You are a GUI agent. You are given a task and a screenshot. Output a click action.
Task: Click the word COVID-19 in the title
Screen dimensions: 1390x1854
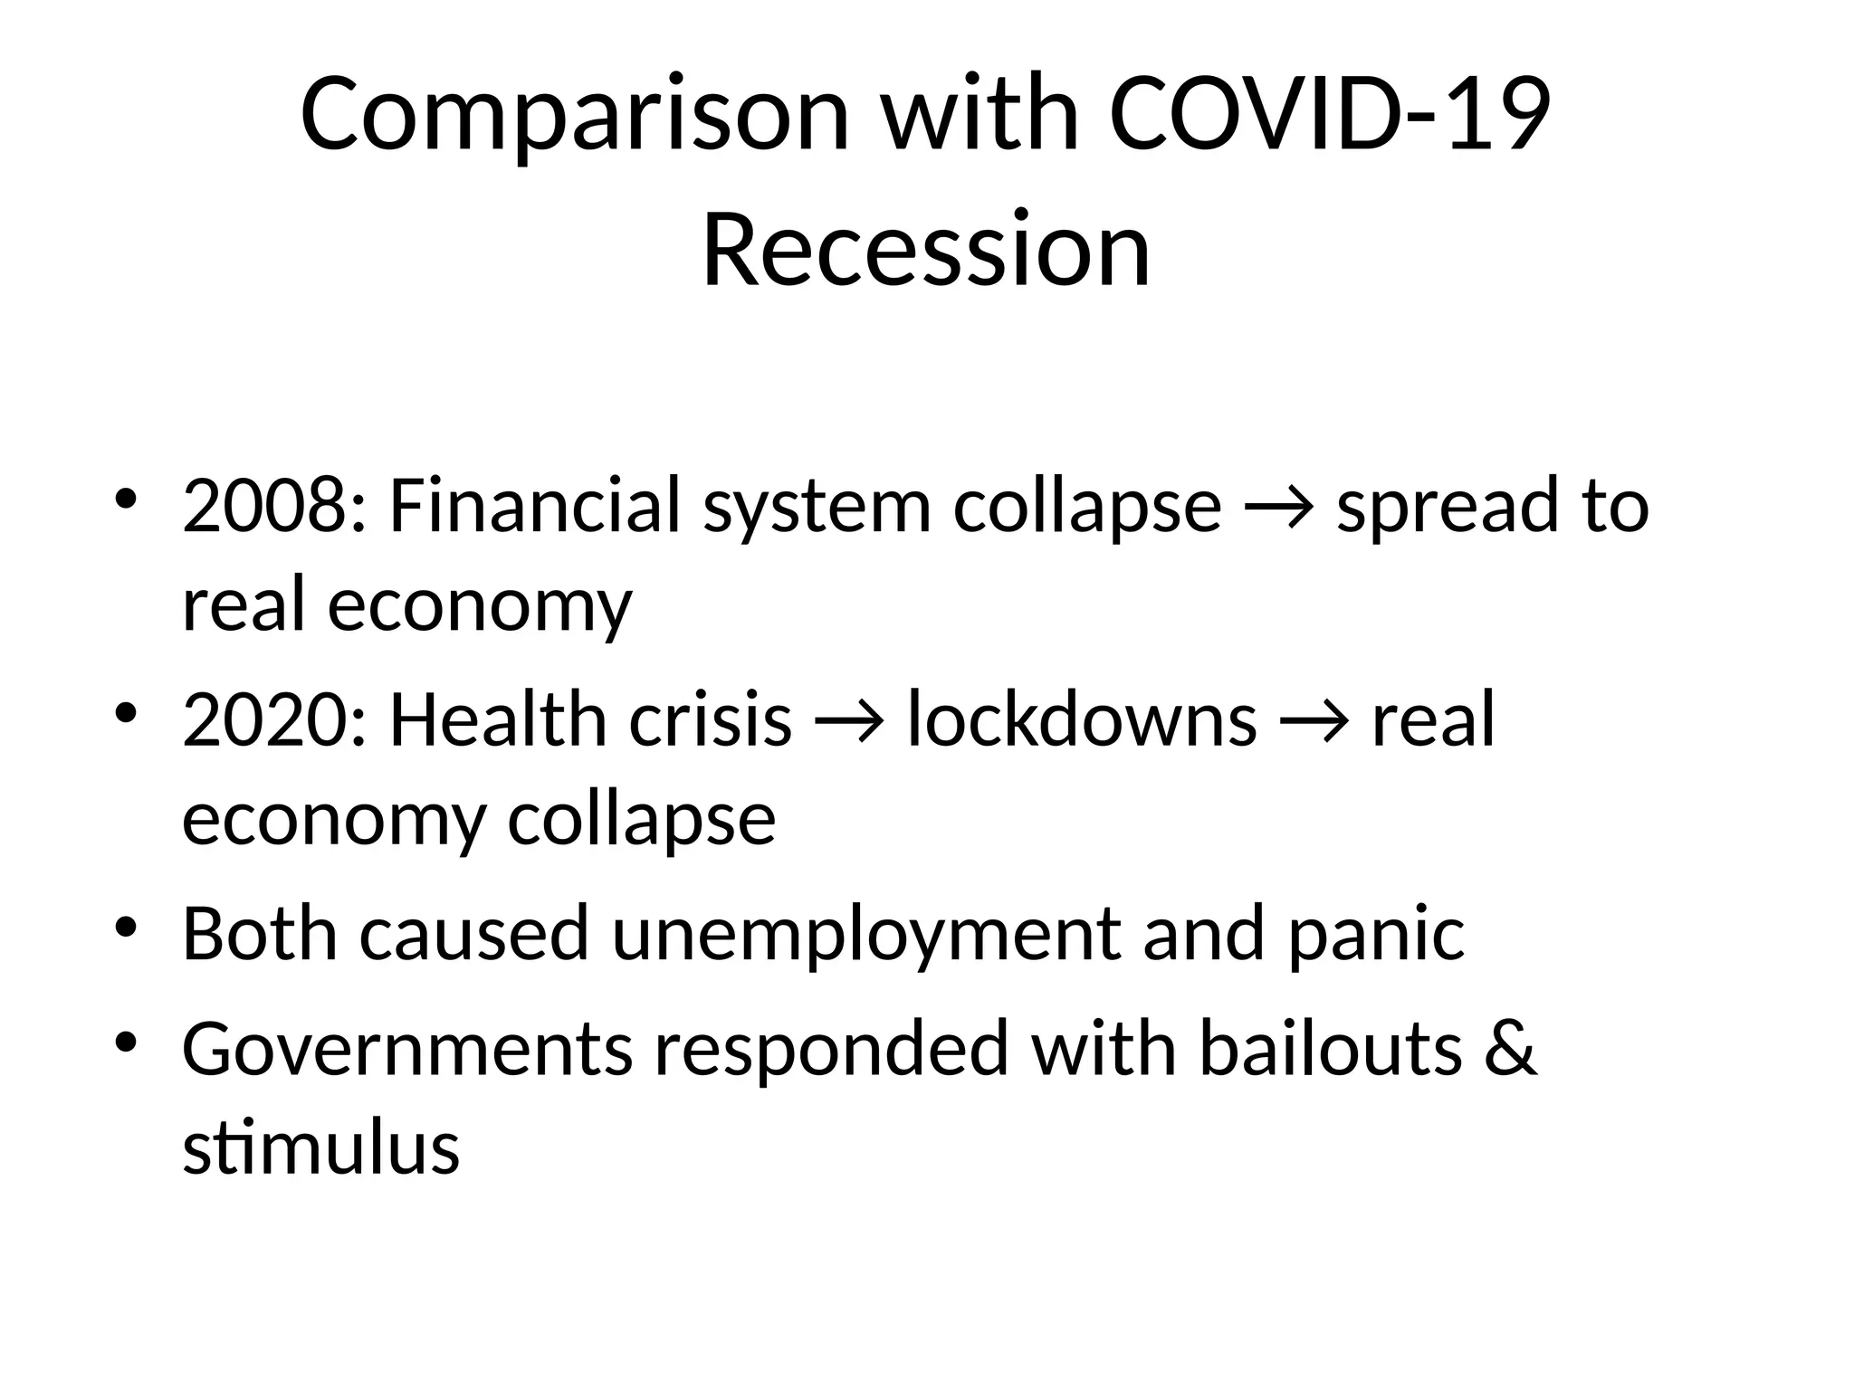1330,115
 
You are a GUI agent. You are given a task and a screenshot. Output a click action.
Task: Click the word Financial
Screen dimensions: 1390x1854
534,506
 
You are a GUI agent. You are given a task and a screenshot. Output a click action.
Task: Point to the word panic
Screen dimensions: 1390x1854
1376,935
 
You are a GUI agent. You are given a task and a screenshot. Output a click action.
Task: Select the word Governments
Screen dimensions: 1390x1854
407,1050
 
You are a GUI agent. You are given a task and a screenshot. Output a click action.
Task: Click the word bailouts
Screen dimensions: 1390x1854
1331,1050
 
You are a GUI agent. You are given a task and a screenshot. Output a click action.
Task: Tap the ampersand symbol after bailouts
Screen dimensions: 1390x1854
1510,1050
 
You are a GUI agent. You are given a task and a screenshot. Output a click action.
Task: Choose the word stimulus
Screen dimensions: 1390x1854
321,1147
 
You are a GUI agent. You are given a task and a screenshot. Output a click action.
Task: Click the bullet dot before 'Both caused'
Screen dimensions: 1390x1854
127,928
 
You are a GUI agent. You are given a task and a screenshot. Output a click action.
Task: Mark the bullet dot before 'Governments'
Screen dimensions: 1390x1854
127,1042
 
